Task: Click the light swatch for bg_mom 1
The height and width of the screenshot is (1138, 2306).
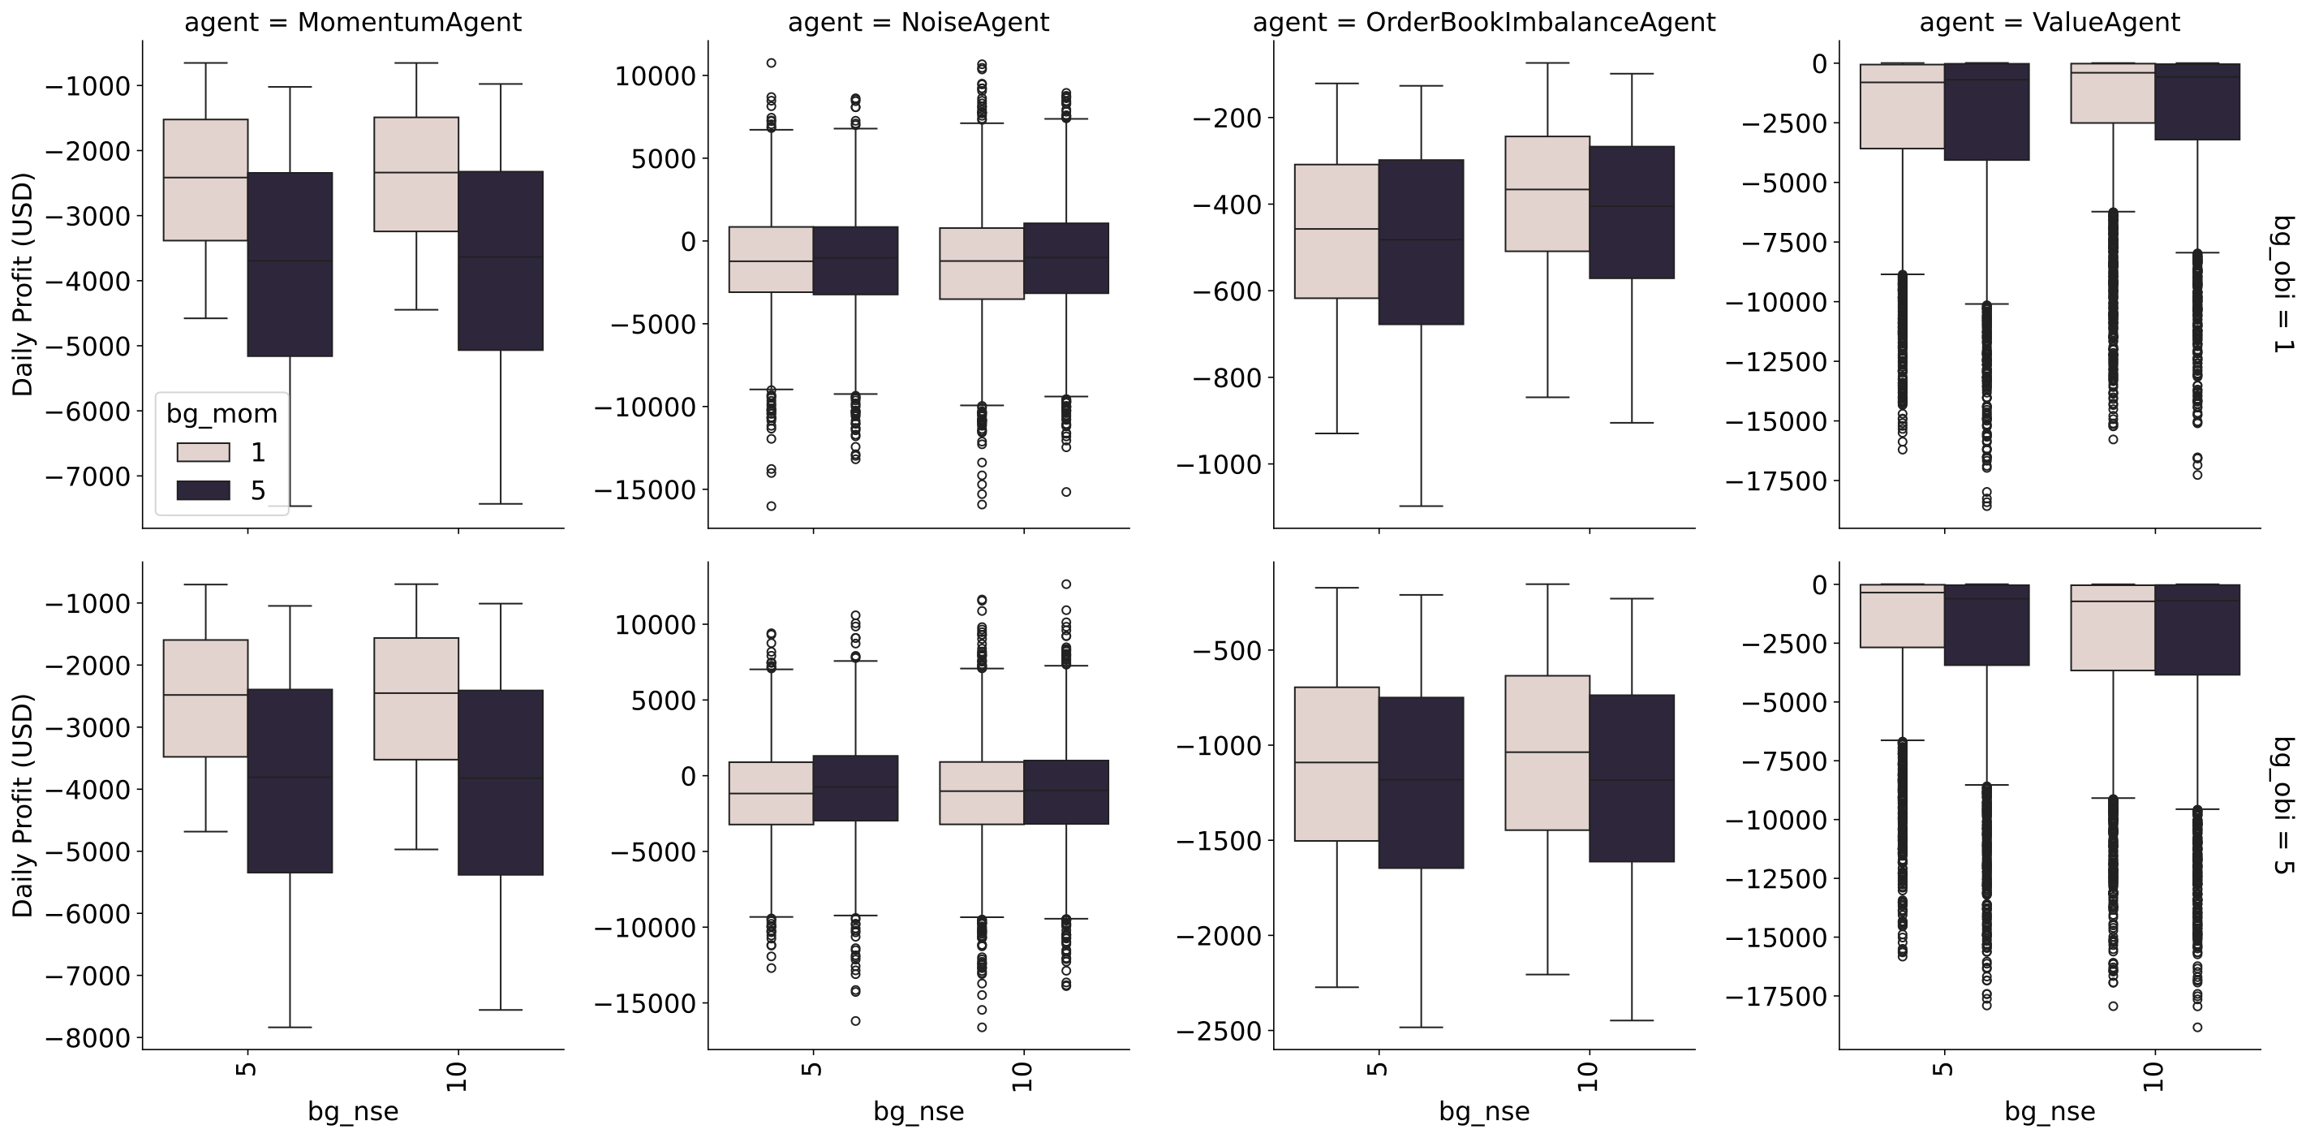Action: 203,452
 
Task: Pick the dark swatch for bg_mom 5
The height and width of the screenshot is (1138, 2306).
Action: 203,489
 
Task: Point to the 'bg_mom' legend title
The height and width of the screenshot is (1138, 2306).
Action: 222,414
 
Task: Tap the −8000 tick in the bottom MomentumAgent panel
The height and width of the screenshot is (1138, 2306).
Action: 88,1039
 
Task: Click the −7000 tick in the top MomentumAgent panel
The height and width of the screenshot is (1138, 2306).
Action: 88,476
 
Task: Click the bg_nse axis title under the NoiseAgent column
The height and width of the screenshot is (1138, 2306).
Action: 919,1111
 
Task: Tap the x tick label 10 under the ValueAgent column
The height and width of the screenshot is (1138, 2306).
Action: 2153,1076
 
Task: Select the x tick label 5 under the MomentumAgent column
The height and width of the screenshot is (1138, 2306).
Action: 248,1069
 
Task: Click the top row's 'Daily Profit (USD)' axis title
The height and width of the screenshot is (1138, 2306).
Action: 23,284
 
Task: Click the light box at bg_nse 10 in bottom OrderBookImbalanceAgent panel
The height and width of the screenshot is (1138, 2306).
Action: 1547,753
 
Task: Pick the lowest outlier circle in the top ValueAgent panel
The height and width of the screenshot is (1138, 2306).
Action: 1986,506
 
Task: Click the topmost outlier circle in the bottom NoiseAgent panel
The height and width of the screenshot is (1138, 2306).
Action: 1066,584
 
